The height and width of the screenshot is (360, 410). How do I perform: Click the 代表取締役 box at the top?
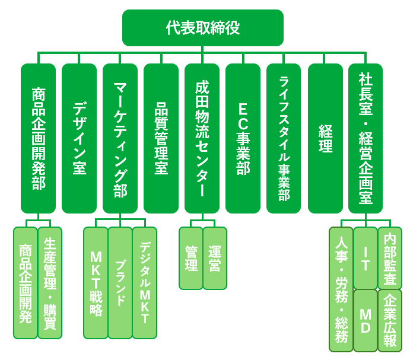click(x=202, y=27)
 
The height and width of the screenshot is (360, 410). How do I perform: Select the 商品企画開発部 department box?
click(x=38, y=138)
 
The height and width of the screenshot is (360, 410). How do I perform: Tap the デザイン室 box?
click(x=79, y=138)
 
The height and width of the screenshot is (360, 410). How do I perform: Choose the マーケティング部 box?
click(x=120, y=138)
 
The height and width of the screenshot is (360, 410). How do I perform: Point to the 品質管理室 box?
click(x=161, y=138)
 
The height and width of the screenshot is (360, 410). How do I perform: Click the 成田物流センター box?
click(x=202, y=138)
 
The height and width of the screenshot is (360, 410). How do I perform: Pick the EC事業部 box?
click(x=243, y=138)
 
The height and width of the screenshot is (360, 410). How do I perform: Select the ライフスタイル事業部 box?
click(x=284, y=138)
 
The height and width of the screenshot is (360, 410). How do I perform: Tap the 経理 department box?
click(x=325, y=138)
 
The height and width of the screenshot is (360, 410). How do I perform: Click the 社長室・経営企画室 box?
click(x=365, y=138)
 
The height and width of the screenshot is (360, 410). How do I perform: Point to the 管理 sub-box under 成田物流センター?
click(x=190, y=258)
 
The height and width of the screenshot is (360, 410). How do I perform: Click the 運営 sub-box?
click(x=215, y=258)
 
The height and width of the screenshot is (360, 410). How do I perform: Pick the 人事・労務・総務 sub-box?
click(x=341, y=289)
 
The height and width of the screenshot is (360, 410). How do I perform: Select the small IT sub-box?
click(x=365, y=257)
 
